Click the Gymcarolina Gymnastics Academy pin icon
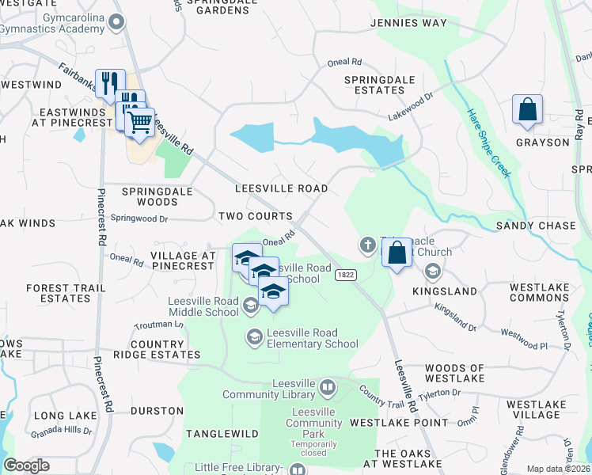tap(117, 22)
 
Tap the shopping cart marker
tap(140, 123)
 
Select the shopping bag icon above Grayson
tap(527, 109)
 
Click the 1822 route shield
tap(344, 274)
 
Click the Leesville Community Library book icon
tap(328, 389)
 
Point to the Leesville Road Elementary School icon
tap(253, 338)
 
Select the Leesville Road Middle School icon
tap(250, 306)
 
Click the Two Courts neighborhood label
tap(255, 216)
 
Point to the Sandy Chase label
tap(535, 226)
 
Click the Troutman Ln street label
tap(160, 325)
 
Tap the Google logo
tap(27, 465)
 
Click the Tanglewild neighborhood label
tap(222, 434)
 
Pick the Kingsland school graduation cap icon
tap(432, 272)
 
